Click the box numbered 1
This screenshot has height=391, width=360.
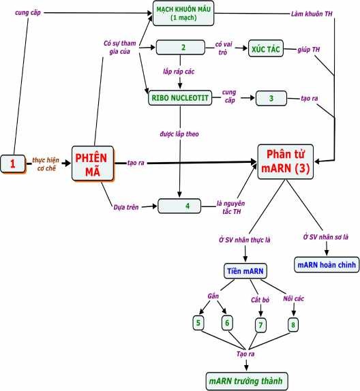pyautogui.click(x=13, y=163)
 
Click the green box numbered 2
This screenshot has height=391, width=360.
pyautogui.click(x=181, y=48)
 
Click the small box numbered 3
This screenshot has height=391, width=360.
pyautogui.click(x=272, y=98)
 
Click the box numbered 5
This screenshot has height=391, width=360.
pyautogui.click(x=199, y=322)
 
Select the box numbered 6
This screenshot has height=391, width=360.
pyautogui.click(x=227, y=322)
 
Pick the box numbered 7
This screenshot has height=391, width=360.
pyautogui.click(x=260, y=324)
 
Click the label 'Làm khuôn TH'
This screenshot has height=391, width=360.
pyautogui.click(x=312, y=14)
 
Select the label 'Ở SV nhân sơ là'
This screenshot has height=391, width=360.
pyautogui.click(x=326, y=236)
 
